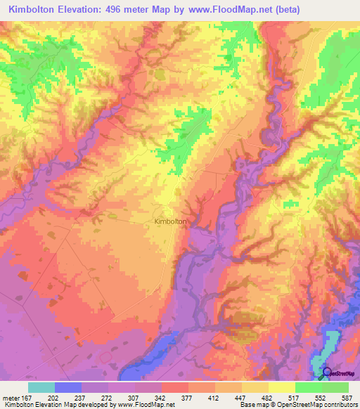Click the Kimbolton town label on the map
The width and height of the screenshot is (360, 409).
(x=170, y=221)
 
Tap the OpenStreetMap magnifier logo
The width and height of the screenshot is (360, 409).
(x=327, y=372)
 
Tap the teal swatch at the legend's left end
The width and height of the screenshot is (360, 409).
(x=41, y=387)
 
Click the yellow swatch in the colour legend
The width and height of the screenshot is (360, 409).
(x=282, y=387)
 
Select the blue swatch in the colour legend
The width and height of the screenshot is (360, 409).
(x=68, y=387)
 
